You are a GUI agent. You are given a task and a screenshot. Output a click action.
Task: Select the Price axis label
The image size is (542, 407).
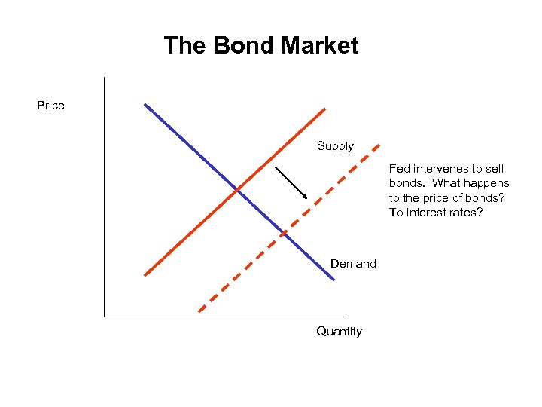50,106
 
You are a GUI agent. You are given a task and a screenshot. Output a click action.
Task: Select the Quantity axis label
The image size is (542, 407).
339,332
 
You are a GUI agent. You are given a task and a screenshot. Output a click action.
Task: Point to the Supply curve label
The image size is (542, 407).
335,146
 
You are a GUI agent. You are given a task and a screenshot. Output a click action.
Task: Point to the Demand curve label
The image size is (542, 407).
353,264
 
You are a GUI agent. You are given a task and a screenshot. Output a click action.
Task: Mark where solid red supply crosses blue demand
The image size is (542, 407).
237,188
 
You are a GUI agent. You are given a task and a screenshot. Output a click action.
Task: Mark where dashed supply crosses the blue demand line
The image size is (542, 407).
284,233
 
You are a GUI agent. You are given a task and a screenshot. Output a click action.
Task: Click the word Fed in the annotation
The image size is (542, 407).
399,169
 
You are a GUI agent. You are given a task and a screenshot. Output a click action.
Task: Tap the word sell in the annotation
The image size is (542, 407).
495,169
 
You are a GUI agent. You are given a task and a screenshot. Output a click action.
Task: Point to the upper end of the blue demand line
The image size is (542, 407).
145,104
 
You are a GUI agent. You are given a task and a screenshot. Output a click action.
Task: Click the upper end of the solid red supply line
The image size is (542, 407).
324,109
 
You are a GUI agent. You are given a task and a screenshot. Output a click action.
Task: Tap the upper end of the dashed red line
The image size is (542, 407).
379,144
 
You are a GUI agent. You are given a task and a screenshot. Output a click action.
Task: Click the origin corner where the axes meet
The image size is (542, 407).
104,317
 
